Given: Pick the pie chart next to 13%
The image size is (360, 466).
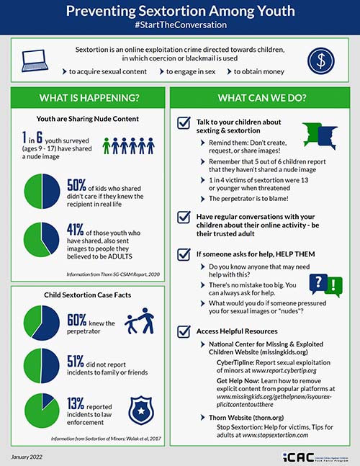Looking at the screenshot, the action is coord(42,409).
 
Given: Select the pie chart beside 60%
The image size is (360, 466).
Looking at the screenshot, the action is coord(42,321).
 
